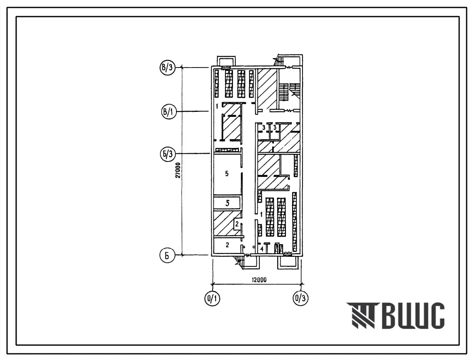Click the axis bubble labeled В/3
pos(168,68)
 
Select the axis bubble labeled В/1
pos(168,112)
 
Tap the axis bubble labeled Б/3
pos(168,154)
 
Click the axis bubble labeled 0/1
pos(212,299)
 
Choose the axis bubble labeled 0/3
pos(300,299)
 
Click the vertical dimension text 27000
pos(178,170)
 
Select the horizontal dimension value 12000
pos(259,280)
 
